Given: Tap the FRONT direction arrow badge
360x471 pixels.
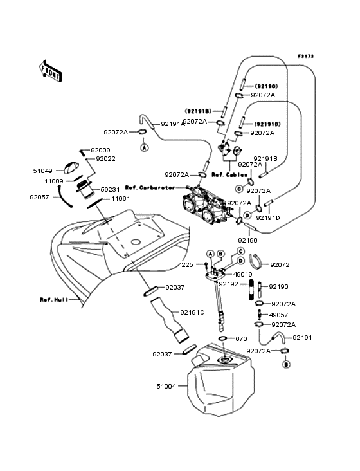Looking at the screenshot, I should pyautogui.click(x=51, y=71).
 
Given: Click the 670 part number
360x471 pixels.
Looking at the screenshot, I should pyautogui.click(x=241, y=338).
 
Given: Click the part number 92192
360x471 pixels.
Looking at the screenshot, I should pyautogui.click(x=229, y=283).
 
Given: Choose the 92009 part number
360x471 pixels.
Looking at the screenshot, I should pyautogui.click(x=102, y=151).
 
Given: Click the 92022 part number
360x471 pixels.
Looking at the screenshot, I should pyautogui.click(x=106, y=158).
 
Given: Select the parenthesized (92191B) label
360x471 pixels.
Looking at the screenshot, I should pyautogui.click(x=200, y=111).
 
